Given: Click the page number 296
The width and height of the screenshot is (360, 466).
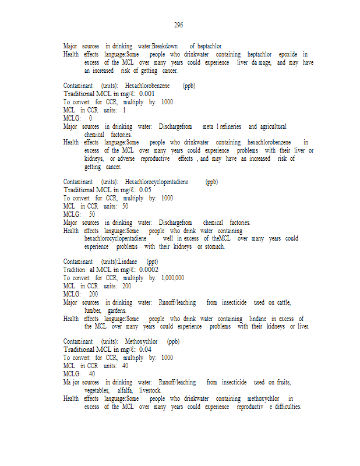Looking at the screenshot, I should tap(178, 25).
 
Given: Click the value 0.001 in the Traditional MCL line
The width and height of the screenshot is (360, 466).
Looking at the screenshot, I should tap(147, 94).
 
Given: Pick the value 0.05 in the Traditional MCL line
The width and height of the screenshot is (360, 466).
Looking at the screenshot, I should tap(145, 190).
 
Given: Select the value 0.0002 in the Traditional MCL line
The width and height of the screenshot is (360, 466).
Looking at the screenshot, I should tap(149, 270).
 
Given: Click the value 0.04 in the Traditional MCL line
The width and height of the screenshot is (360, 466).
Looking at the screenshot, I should tap(145, 349).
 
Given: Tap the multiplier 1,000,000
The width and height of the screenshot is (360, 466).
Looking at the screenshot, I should tap(172, 278).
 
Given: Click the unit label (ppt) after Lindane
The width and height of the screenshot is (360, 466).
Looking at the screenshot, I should tap(153, 262).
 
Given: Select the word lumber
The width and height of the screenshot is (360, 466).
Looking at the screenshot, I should tap(93, 310).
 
